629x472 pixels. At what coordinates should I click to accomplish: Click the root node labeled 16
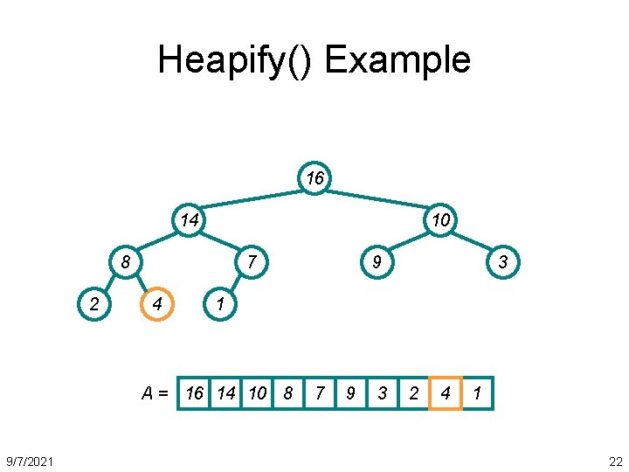point(314,179)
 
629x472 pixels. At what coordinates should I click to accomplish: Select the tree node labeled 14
point(189,220)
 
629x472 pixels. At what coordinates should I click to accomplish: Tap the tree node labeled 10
point(441,220)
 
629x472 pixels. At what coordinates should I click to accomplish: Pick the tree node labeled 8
point(126,261)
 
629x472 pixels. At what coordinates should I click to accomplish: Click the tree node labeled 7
point(252,261)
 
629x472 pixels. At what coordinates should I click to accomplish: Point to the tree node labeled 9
point(377,261)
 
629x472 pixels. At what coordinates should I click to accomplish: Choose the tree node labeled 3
point(503,261)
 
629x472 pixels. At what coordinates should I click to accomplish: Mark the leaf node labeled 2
point(94,304)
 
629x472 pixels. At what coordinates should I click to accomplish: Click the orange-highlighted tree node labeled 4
point(157,304)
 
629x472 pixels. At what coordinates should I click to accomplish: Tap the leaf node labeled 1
point(220,304)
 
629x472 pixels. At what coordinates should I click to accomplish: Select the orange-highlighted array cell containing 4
point(446,393)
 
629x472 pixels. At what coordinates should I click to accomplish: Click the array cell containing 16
point(194,393)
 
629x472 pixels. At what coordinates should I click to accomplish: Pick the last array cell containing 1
point(477,393)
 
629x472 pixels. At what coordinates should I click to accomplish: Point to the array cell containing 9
point(351,393)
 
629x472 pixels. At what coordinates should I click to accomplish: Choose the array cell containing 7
point(320,393)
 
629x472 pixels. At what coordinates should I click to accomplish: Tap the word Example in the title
point(397,60)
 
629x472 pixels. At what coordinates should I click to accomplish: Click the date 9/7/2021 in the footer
point(31,461)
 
